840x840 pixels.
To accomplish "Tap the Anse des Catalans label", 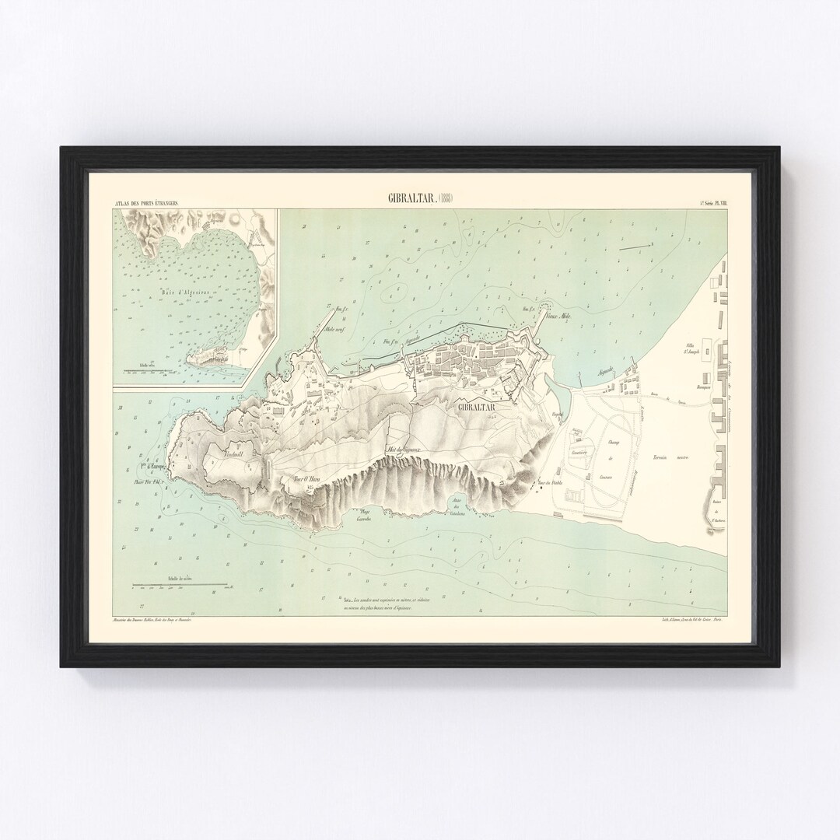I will pos(462,507).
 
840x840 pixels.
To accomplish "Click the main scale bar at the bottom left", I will pos(179,585).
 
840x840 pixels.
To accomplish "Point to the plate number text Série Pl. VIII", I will pos(717,204).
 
